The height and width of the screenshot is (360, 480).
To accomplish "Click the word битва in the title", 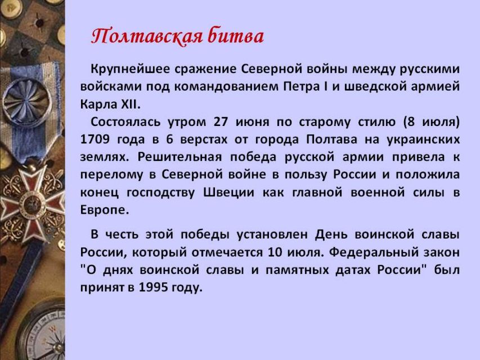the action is (236, 35).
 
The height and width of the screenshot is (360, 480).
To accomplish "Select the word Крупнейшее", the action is (130, 69).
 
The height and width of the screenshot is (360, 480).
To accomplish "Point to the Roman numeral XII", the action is (130, 105).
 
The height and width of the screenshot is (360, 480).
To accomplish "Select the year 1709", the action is (95, 139).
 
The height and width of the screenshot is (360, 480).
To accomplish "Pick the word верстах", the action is (204, 140).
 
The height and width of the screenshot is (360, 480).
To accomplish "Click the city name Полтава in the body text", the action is (331, 139).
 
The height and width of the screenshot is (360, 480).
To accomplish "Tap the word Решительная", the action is (180, 157).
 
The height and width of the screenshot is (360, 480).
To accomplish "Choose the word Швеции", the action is (228, 193).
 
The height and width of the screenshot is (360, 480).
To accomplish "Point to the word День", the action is (331, 235).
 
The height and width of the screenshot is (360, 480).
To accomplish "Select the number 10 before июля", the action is (275, 252).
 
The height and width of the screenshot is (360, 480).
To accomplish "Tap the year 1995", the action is (153, 287).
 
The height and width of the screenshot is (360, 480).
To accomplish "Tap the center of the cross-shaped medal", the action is (32, 205).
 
